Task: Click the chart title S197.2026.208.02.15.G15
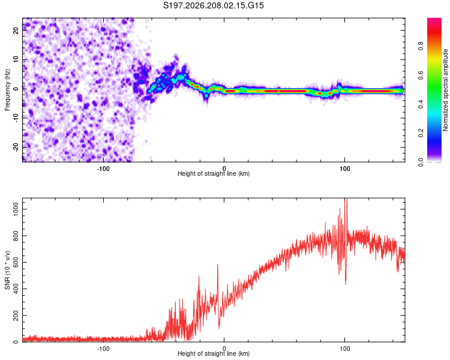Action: [x=213, y=5]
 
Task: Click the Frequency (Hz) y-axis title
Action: [x=7, y=90]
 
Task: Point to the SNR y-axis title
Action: [x=7, y=270]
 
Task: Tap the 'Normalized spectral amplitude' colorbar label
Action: [x=445, y=90]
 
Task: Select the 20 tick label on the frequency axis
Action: [x=16, y=30]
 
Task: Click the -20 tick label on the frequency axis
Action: [x=16, y=148]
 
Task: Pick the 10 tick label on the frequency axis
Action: [x=16, y=59]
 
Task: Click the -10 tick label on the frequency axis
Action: [x=16, y=118]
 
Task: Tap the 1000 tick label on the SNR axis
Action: [x=16, y=209]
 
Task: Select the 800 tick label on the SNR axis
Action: [x=16, y=236]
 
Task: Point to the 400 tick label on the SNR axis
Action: [x=16, y=289]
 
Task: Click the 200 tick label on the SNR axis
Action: [x=16, y=315]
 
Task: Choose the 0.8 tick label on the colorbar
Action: [x=421, y=46]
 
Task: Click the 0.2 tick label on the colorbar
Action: [x=421, y=133]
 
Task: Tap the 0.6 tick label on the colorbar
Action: [x=421, y=75]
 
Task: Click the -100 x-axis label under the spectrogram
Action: [x=103, y=169]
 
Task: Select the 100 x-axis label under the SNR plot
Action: [x=344, y=349]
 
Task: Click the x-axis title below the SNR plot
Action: [x=214, y=353]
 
